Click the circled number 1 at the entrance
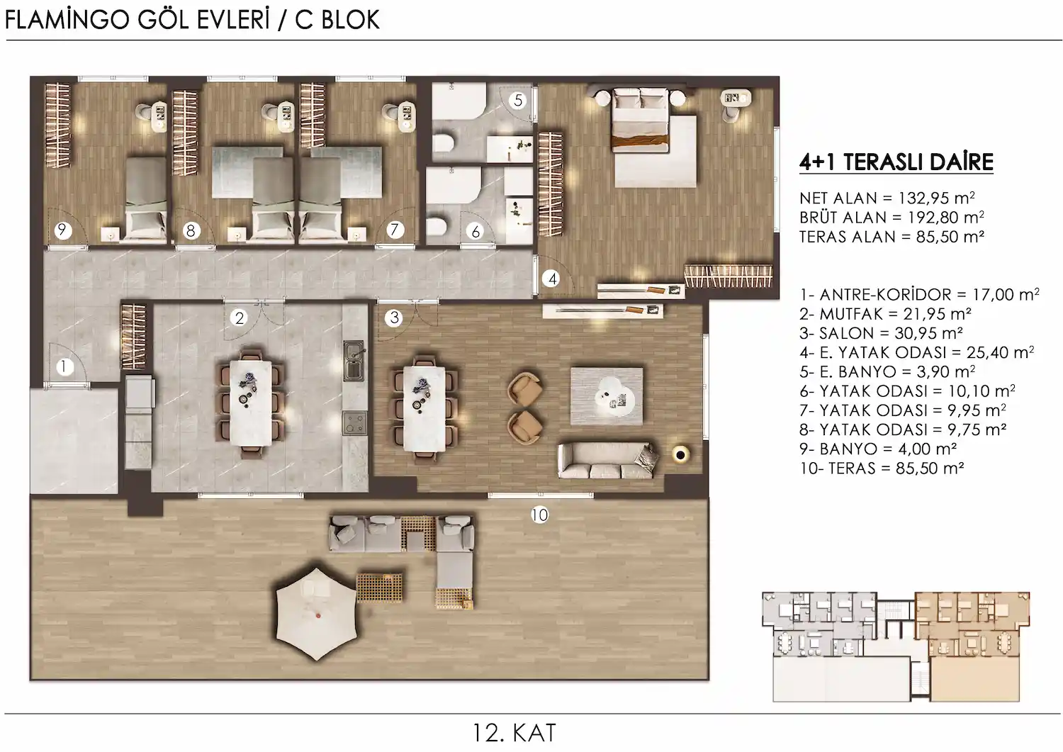pos(64,367)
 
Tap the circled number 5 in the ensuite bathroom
pos(518,100)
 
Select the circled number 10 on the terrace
pos(539,515)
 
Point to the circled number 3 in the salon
pos(394,318)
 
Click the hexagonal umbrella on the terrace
pos(317,614)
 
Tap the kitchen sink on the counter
pos(354,361)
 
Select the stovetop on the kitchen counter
pos(354,423)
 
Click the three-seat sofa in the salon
pos(607,460)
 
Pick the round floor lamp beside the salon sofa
pos(680,455)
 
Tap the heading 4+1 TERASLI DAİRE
pos(896,162)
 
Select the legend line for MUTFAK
pos(885,314)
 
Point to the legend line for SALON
pos(881,333)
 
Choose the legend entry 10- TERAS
pos(882,468)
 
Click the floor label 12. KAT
pos(514,733)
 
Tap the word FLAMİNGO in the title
pos(67,20)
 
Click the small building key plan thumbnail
pos(896,646)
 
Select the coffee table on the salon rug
pos(614,393)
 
